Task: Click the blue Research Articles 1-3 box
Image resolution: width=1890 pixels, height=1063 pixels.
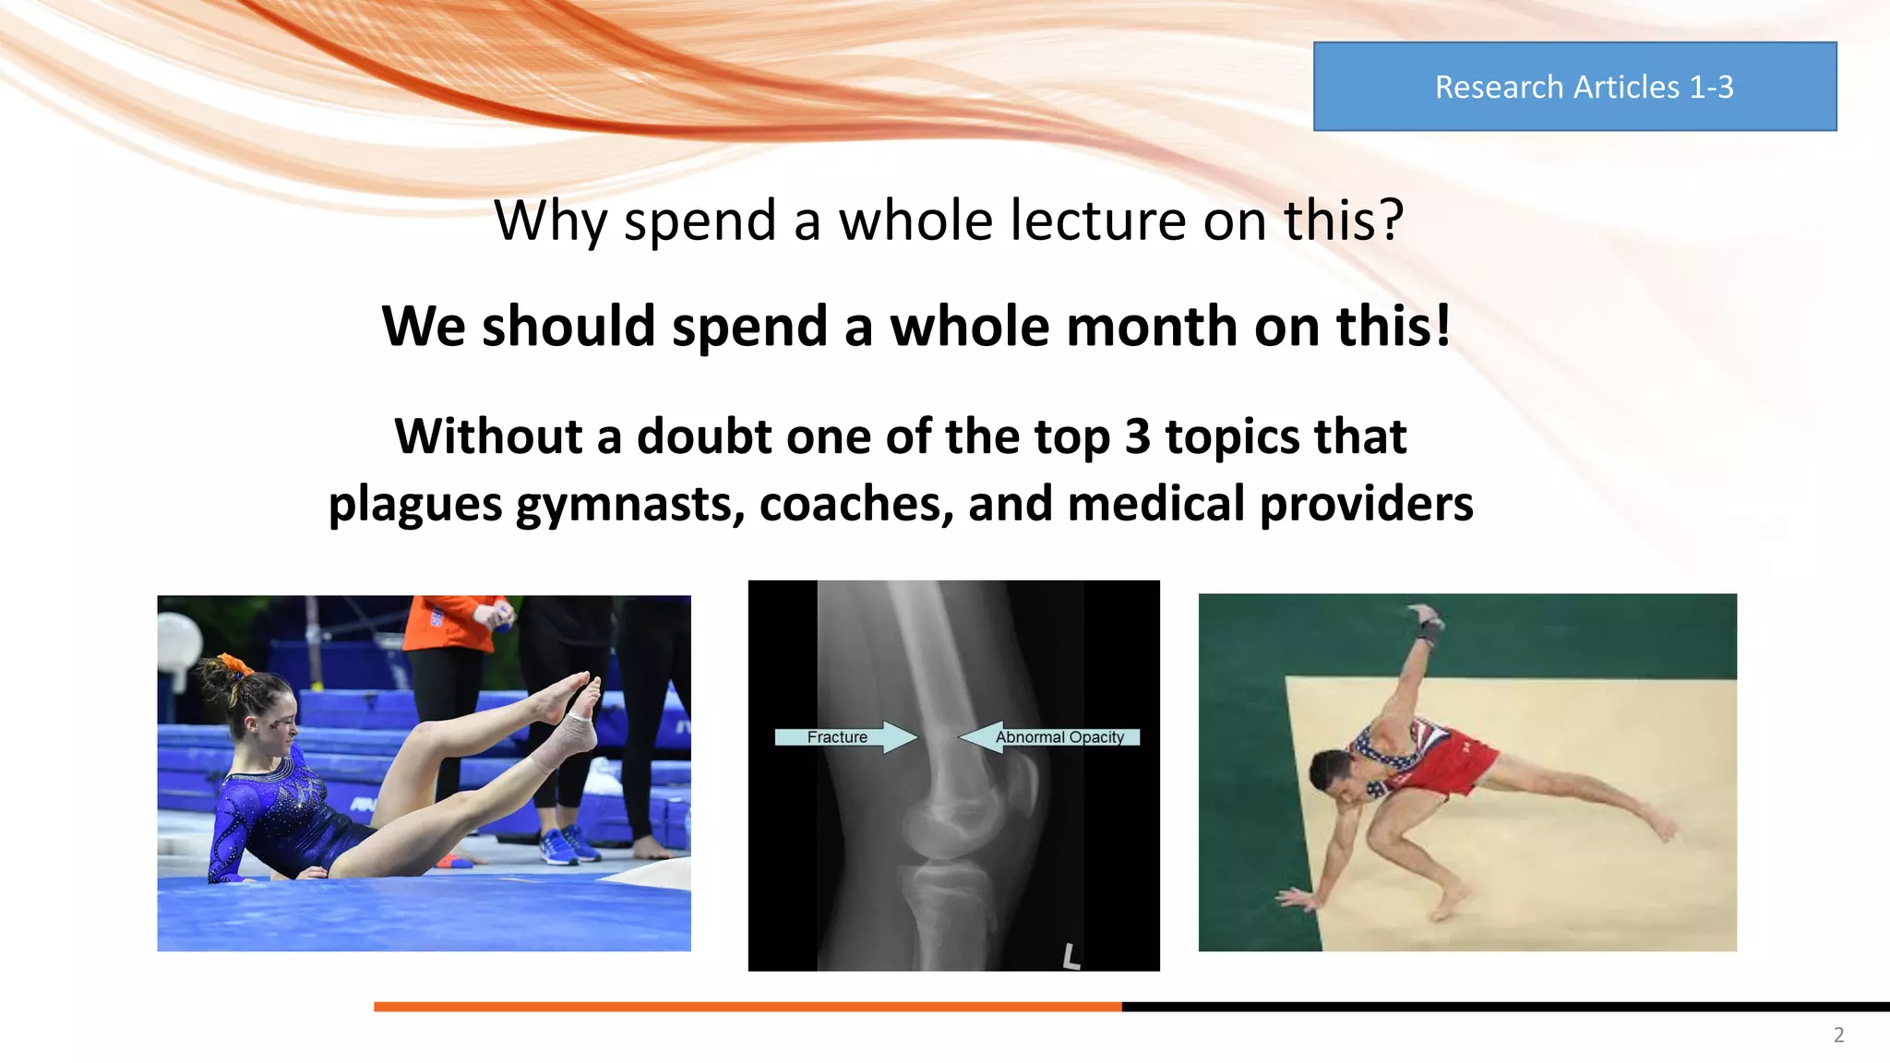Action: (x=1574, y=87)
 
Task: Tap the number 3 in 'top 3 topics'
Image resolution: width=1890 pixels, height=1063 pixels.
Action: (x=1137, y=436)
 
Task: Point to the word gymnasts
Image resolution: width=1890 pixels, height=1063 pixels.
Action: (x=629, y=506)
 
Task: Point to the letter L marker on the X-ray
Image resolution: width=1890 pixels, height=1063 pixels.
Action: (x=1071, y=956)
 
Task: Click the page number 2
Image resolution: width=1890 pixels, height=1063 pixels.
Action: (x=1838, y=1035)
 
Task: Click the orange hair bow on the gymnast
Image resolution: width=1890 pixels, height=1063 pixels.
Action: (x=234, y=663)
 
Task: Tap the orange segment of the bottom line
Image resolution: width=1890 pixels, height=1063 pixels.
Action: (x=748, y=1007)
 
